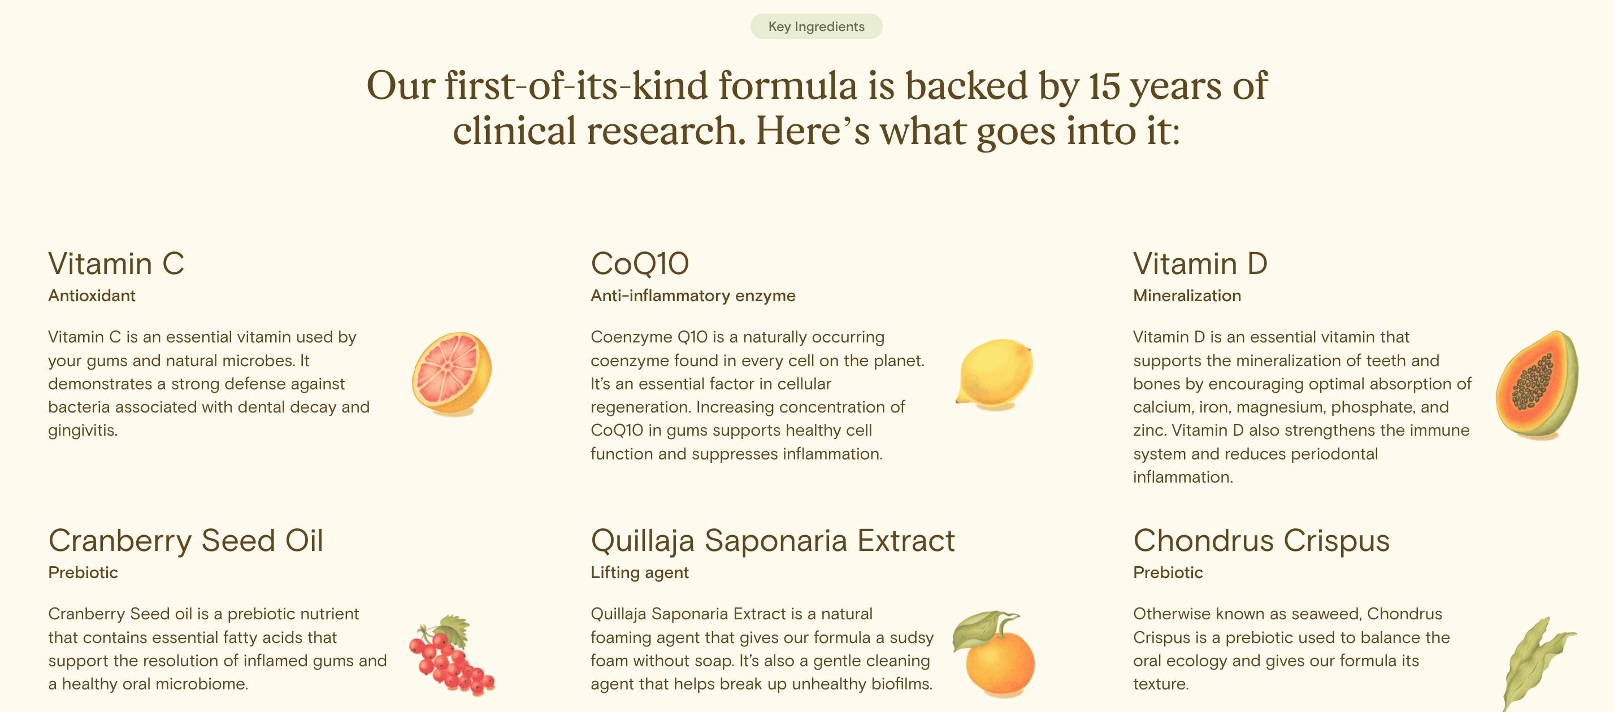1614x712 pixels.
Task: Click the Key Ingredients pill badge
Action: pos(817,27)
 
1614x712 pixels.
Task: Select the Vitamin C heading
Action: pos(116,263)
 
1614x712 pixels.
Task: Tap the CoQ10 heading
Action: pos(640,263)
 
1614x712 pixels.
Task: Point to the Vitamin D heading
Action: pos(1200,263)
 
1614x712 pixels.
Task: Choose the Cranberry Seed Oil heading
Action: pos(185,540)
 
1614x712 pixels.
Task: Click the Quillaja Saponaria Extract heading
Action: pos(773,540)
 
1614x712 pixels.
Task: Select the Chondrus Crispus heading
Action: pos(1261,540)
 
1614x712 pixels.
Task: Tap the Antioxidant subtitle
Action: pos(92,296)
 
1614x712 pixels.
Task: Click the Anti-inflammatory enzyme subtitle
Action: pos(693,296)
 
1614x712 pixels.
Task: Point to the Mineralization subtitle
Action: pos(1187,296)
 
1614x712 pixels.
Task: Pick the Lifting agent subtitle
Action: pos(640,573)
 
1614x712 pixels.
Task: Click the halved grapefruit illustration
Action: pos(451,374)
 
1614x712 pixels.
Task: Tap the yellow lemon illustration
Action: pos(995,374)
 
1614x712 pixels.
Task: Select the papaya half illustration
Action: pos(1538,384)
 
